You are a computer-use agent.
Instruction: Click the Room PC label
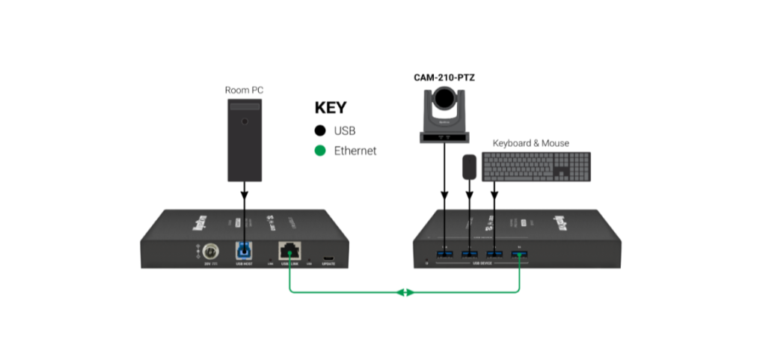[x=244, y=91]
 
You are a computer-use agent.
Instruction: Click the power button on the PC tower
[x=244, y=121]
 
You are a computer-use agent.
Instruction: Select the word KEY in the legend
[x=331, y=107]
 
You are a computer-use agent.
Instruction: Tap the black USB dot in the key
[x=319, y=131]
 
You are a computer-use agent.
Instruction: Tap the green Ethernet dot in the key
[x=319, y=151]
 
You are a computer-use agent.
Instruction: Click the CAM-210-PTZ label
[x=445, y=77]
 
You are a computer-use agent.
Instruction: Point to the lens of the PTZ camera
[x=445, y=98]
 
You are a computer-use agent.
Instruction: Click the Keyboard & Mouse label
[x=530, y=143]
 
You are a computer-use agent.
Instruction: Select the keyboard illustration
[x=536, y=167]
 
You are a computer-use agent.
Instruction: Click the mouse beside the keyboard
[x=470, y=166]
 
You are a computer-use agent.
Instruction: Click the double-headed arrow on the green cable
[x=405, y=292]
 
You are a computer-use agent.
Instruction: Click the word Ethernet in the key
[x=355, y=151]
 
